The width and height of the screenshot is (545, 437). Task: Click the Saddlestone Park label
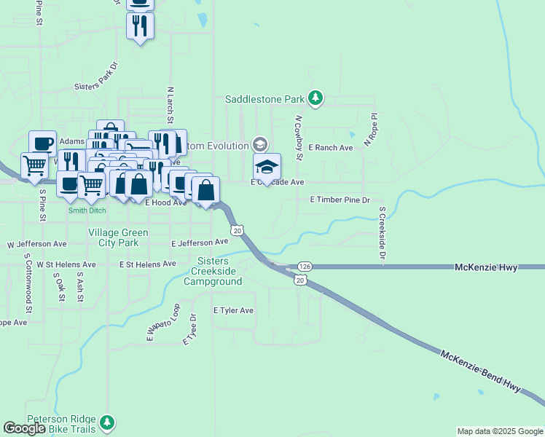(x=264, y=99)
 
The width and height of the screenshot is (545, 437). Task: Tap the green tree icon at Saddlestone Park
(x=315, y=98)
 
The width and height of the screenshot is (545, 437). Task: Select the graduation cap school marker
(x=267, y=167)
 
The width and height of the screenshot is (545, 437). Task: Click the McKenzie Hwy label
(x=486, y=268)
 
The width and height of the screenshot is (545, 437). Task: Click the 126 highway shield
(x=305, y=267)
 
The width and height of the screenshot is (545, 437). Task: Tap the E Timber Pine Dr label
(x=340, y=200)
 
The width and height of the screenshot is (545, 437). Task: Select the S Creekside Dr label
(x=381, y=232)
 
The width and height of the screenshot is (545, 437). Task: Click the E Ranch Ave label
(x=330, y=148)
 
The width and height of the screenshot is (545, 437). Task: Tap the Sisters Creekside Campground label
(x=216, y=271)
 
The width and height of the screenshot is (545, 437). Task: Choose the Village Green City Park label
(x=118, y=237)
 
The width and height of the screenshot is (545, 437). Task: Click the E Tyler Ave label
(x=233, y=310)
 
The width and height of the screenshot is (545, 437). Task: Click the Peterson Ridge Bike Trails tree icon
(x=107, y=422)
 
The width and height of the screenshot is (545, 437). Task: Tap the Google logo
(x=25, y=429)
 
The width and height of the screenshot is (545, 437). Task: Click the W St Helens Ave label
(x=66, y=264)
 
